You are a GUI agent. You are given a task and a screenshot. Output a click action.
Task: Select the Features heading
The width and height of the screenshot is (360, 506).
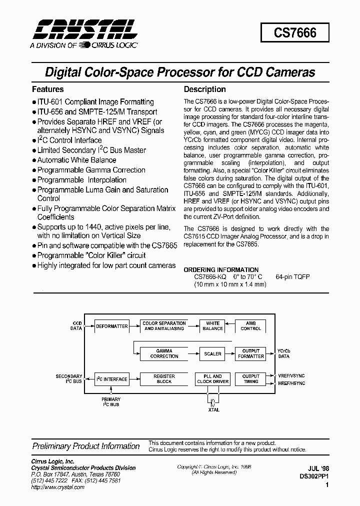(48, 89)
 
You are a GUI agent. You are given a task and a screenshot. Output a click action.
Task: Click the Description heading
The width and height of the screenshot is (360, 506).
(205, 89)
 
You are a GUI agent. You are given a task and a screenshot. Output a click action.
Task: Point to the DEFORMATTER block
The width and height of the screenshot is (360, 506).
(111, 326)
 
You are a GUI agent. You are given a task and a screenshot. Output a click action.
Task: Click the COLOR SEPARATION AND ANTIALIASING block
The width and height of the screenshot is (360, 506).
(164, 326)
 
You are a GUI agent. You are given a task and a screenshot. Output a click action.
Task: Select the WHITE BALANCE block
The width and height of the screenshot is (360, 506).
(213, 326)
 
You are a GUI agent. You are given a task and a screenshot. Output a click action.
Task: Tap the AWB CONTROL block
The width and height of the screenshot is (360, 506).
(251, 326)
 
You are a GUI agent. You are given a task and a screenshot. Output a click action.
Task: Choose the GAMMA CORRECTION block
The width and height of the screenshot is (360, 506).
(164, 353)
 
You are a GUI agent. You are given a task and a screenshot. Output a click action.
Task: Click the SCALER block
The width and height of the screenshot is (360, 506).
(213, 353)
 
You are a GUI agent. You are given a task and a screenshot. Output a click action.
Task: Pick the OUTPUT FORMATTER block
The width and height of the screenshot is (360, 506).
(251, 353)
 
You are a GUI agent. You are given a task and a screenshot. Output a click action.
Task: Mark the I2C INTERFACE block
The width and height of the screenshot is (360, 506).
(111, 379)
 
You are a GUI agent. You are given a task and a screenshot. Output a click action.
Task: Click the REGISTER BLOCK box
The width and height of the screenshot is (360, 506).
(164, 379)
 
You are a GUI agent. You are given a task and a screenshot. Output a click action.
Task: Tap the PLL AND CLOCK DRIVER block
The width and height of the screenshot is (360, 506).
(213, 379)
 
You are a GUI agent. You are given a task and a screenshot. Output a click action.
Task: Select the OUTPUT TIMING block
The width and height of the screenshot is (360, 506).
(251, 379)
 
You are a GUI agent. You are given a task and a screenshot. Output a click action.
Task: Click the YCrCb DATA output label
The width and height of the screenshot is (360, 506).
(283, 353)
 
